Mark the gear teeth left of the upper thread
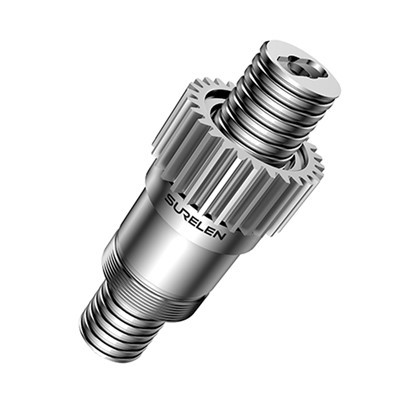(200, 110)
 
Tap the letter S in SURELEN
(169, 200)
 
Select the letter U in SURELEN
(178, 206)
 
